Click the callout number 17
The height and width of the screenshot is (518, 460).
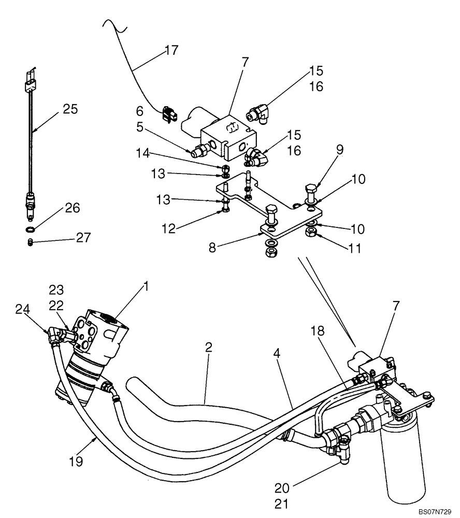(171, 50)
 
